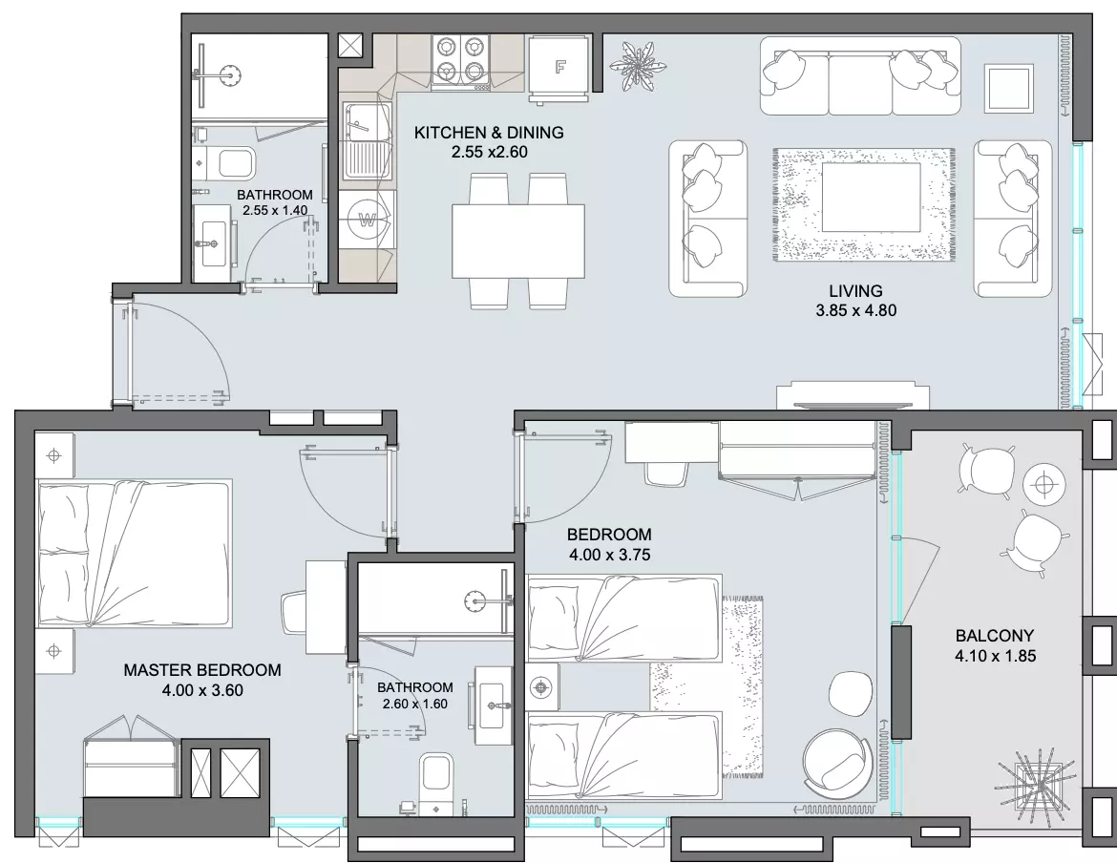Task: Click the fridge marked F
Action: (559, 67)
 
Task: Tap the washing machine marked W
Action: (368, 220)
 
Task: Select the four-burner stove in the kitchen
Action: (460, 62)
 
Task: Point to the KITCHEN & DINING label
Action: (489, 133)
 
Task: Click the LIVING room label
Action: (855, 290)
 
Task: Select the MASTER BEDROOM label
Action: (202, 670)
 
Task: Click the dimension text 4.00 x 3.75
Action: (610, 555)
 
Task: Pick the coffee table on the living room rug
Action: (871, 198)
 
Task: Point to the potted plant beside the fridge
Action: (639, 66)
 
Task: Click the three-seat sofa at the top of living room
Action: (859, 75)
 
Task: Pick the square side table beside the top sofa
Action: (1009, 88)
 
